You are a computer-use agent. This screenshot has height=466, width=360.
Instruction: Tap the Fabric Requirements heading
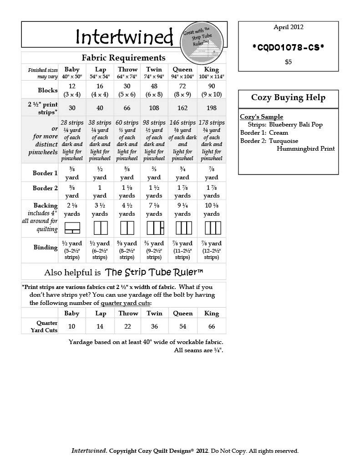(123, 58)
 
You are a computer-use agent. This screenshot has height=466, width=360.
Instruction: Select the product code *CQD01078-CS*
(288, 46)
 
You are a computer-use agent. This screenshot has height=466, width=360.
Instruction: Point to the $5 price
(288, 62)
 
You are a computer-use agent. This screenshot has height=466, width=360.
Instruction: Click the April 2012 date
(288, 27)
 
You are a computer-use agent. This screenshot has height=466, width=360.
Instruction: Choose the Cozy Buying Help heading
(288, 98)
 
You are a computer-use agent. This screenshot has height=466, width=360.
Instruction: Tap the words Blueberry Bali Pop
(296, 125)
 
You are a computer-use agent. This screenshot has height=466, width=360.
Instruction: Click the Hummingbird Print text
(305, 148)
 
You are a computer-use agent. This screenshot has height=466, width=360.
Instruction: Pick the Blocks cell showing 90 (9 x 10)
(211, 90)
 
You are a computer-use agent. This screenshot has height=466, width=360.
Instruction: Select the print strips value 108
(154, 108)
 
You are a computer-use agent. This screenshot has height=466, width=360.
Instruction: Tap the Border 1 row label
(45, 173)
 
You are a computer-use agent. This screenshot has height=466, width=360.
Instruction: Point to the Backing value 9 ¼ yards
(183, 209)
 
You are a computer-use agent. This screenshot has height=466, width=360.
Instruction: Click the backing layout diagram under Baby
(72, 227)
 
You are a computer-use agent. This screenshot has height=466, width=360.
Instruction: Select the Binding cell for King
(211, 250)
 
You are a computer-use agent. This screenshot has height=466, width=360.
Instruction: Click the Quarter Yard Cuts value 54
(183, 326)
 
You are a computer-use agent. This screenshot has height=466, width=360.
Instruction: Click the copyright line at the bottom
(185, 451)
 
